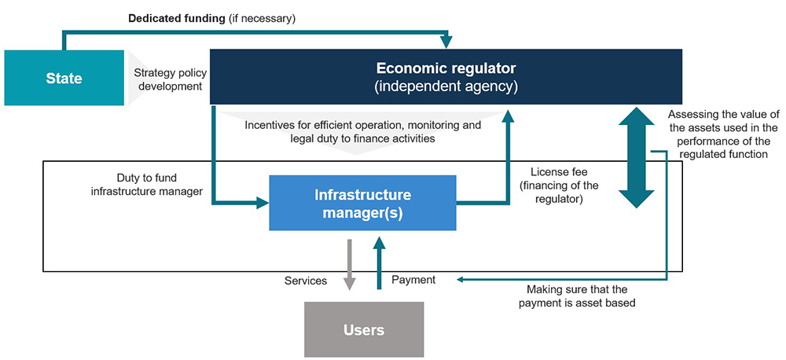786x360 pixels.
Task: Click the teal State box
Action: [x=64, y=78]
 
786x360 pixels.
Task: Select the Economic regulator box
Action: [x=446, y=77]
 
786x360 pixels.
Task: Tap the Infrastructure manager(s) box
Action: [x=362, y=203]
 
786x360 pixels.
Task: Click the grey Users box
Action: [x=364, y=329]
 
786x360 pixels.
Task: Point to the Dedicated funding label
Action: [x=212, y=19]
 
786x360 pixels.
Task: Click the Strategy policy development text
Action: [x=171, y=79]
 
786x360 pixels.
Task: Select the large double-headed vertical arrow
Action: [x=636, y=157]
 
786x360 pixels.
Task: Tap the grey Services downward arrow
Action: [x=350, y=264]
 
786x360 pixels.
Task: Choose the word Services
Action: [x=305, y=281]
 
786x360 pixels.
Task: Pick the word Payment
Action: [x=413, y=280]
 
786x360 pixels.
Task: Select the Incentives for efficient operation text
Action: [x=363, y=131]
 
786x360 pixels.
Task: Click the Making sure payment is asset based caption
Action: [x=577, y=296]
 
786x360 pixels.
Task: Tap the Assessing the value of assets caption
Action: [x=718, y=134]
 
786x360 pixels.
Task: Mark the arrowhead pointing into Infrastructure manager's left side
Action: [x=263, y=203]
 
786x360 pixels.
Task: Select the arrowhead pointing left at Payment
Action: [x=460, y=279]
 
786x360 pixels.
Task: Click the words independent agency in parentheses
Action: [x=446, y=86]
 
